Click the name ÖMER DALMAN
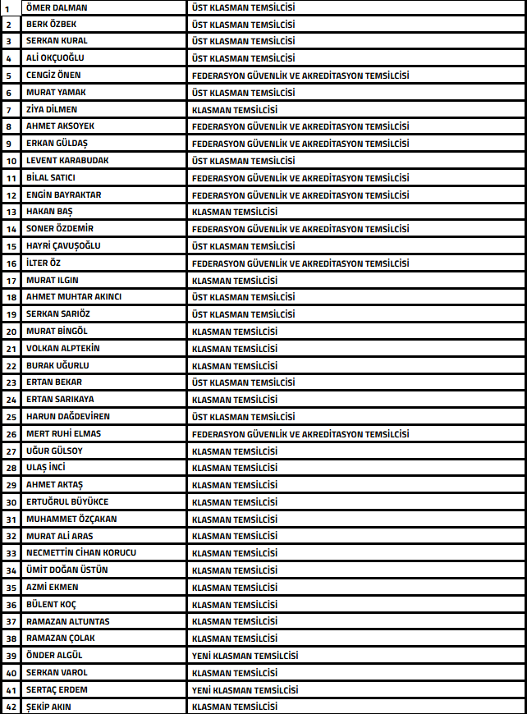point(57,7)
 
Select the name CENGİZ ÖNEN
point(53,76)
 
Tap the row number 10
point(11,161)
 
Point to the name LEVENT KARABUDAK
point(67,161)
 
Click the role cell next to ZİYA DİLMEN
point(234,110)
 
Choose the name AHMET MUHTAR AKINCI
point(74,297)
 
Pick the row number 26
point(11,434)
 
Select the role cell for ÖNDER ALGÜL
point(245,656)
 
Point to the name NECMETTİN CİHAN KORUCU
point(81,553)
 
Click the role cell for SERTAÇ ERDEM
point(245,690)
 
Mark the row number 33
point(11,553)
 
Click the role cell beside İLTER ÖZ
point(300,263)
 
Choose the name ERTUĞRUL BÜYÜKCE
point(67,502)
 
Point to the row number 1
point(7,7)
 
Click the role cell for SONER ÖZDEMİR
point(300,229)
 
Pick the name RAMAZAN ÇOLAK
point(60,638)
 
